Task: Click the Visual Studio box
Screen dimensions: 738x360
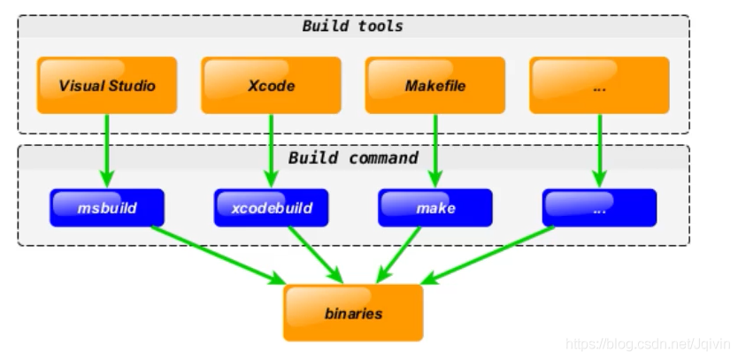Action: pos(107,85)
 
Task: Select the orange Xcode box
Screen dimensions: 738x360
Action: pos(271,85)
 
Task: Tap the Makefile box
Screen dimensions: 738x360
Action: pos(435,85)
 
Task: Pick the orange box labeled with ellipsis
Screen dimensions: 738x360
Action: pos(599,85)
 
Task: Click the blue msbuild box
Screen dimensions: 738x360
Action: pos(107,208)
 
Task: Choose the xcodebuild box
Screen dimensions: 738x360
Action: pos(271,208)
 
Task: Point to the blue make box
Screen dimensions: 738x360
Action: pos(435,208)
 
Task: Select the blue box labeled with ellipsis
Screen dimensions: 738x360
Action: pos(599,208)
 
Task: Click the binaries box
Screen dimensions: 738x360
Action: pos(353,313)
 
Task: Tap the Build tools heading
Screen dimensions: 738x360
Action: pos(352,26)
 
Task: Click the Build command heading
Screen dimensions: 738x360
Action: pos(353,157)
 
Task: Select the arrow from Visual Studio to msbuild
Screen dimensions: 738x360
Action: pos(107,151)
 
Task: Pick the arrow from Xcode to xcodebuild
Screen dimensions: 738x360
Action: pos(271,151)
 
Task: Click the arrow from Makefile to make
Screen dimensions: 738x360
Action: pos(435,151)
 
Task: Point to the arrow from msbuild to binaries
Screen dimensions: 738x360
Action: pos(219,256)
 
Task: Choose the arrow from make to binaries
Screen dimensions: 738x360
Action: pos(398,255)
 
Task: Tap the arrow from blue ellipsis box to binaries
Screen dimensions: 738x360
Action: pos(488,256)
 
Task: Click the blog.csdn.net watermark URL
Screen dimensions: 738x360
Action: pos(648,344)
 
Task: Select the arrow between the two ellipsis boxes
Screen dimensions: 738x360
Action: pos(599,151)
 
